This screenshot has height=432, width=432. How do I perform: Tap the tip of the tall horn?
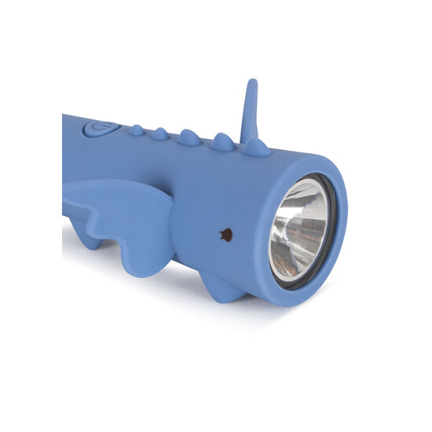pyautogui.click(x=251, y=82)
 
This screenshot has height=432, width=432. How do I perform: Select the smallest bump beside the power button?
pyautogui.click(x=137, y=130)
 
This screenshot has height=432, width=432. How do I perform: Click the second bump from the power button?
pyautogui.click(x=160, y=134)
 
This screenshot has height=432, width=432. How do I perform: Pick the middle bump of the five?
pyautogui.click(x=189, y=137)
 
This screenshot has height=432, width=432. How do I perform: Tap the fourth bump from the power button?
pyautogui.click(x=223, y=142)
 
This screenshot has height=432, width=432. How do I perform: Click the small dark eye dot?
pyautogui.click(x=225, y=234)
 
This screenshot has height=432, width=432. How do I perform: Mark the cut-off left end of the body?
pyautogui.click(x=65, y=157)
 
